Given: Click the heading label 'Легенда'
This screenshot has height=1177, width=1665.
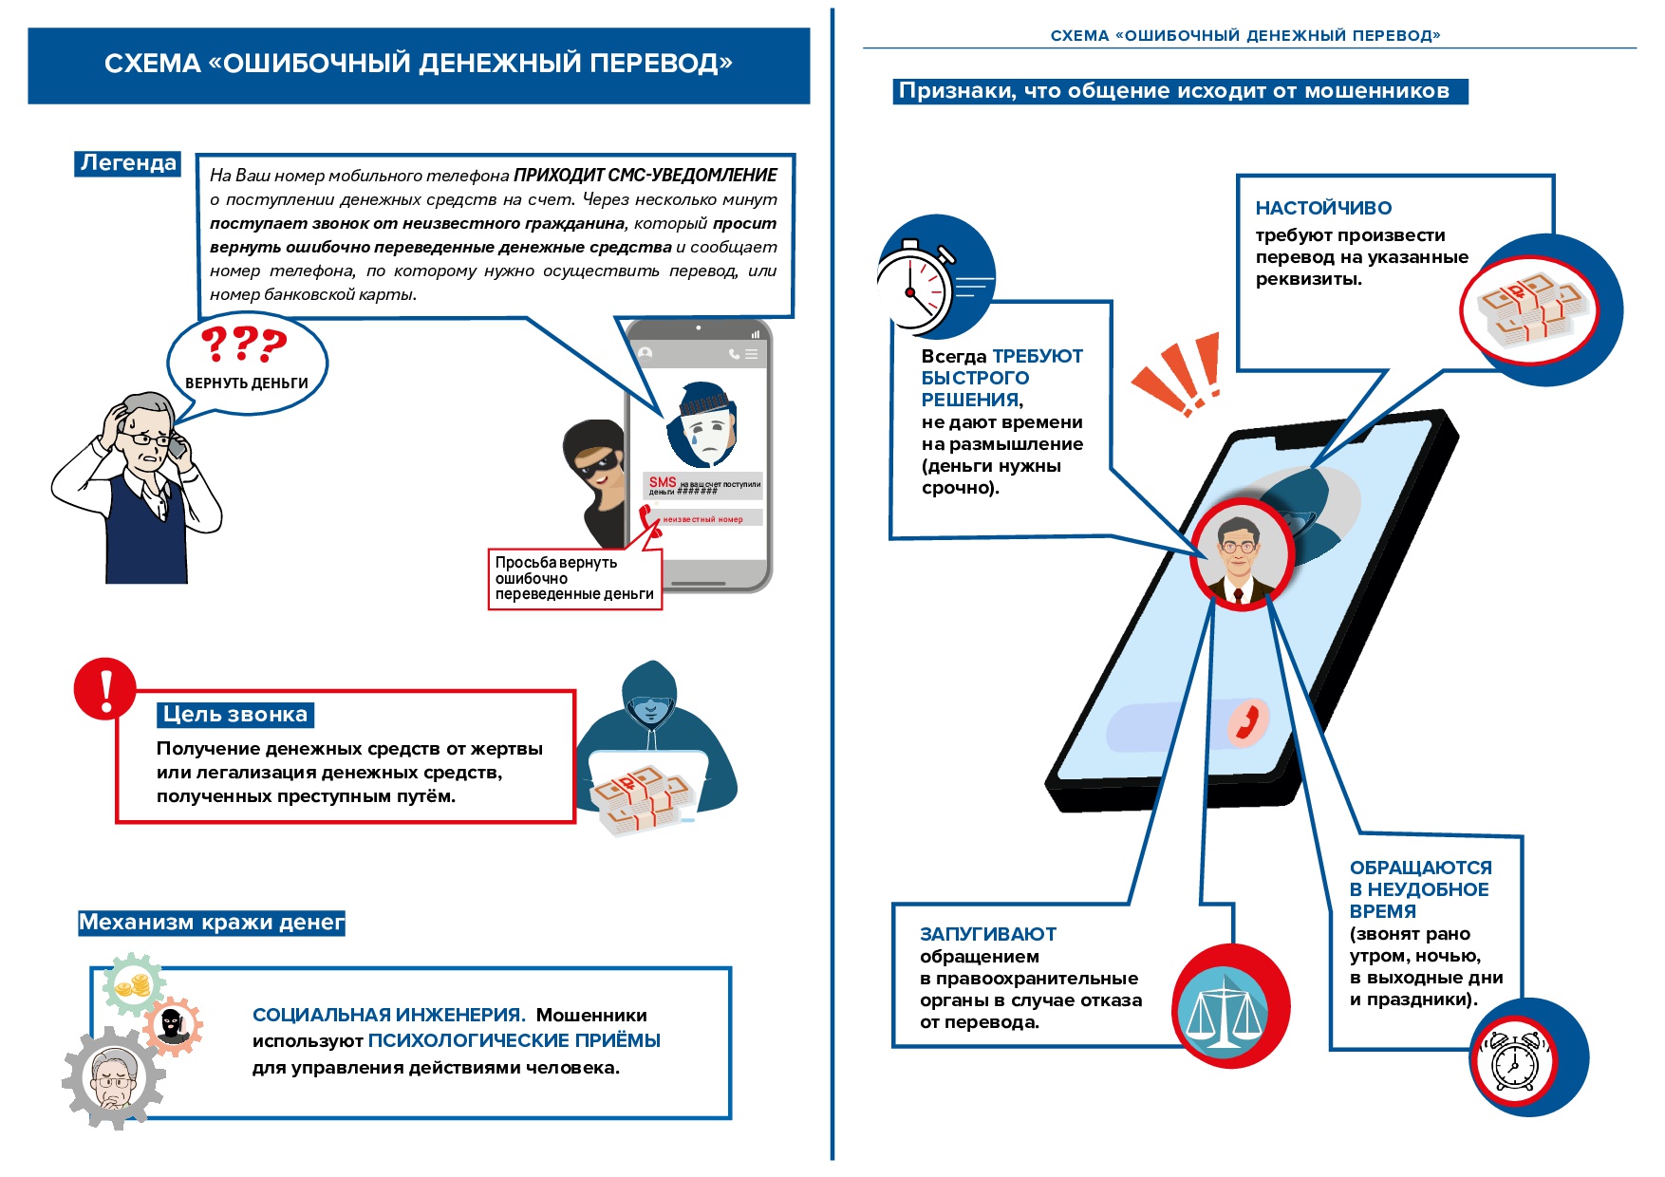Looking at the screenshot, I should click(128, 163).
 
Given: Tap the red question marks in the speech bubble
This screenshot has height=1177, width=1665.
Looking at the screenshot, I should click(244, 344).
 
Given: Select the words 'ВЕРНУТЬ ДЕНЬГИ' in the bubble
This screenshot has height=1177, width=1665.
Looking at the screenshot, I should click(247, 383).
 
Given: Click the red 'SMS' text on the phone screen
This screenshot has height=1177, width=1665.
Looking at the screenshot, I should click(663, 482).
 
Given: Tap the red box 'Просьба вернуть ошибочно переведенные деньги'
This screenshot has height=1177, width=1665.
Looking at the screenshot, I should click(574, 578).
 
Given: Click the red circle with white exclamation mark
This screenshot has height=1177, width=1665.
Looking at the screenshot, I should click(105, 689).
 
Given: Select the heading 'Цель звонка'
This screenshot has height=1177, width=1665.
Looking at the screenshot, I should click(235, 714).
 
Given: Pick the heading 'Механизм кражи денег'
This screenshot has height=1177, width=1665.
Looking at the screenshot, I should click(211, 923).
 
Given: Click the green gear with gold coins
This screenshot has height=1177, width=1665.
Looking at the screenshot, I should click(134, 987).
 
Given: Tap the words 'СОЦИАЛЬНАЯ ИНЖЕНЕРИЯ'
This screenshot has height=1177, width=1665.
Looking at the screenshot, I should click(387, 1015).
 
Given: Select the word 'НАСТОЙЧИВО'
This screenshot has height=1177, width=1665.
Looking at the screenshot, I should click(1323, 208).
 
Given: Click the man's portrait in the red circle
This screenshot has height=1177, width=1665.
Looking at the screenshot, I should click(1240, 555).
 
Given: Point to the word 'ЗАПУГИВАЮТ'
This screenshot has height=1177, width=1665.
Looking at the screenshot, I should click(987, 934).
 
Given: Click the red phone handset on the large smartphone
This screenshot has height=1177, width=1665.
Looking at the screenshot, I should click(1248, 721).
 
